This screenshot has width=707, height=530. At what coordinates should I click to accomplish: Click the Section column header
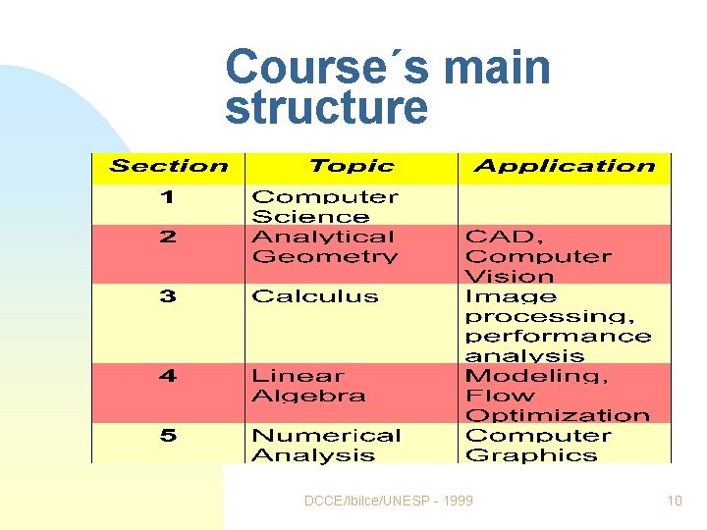pos(169,167)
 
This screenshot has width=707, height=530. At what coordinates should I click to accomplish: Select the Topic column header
pos(351,167)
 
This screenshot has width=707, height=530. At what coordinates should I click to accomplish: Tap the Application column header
pos(564,167)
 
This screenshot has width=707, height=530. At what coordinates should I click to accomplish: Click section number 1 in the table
pos(168,197)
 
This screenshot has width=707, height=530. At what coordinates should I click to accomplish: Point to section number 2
pos(168,237)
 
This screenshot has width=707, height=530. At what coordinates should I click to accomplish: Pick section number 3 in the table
pos(168,296)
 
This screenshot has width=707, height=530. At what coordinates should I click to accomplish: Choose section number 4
pos(168,376)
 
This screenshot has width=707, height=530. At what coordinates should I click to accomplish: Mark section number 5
pos(168,436)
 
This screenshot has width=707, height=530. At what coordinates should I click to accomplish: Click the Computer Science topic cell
pos(325,207)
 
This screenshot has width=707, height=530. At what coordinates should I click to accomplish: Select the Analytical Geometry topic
pos(323,246)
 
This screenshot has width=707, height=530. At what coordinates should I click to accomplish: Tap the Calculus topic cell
pos(314,296)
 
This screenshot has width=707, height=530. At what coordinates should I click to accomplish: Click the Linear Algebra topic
pos(308,386)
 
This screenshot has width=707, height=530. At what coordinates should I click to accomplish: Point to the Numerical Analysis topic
pos(326,446)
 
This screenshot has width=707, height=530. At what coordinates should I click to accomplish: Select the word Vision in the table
pos(510,277)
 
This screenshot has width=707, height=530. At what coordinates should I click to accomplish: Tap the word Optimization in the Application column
pos(557,415)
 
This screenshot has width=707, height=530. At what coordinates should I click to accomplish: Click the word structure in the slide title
pos(326,109)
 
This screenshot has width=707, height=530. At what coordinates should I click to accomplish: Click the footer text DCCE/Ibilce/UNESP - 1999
pos(388,501)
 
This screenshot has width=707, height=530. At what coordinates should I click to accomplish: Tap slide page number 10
pos(674,501)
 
